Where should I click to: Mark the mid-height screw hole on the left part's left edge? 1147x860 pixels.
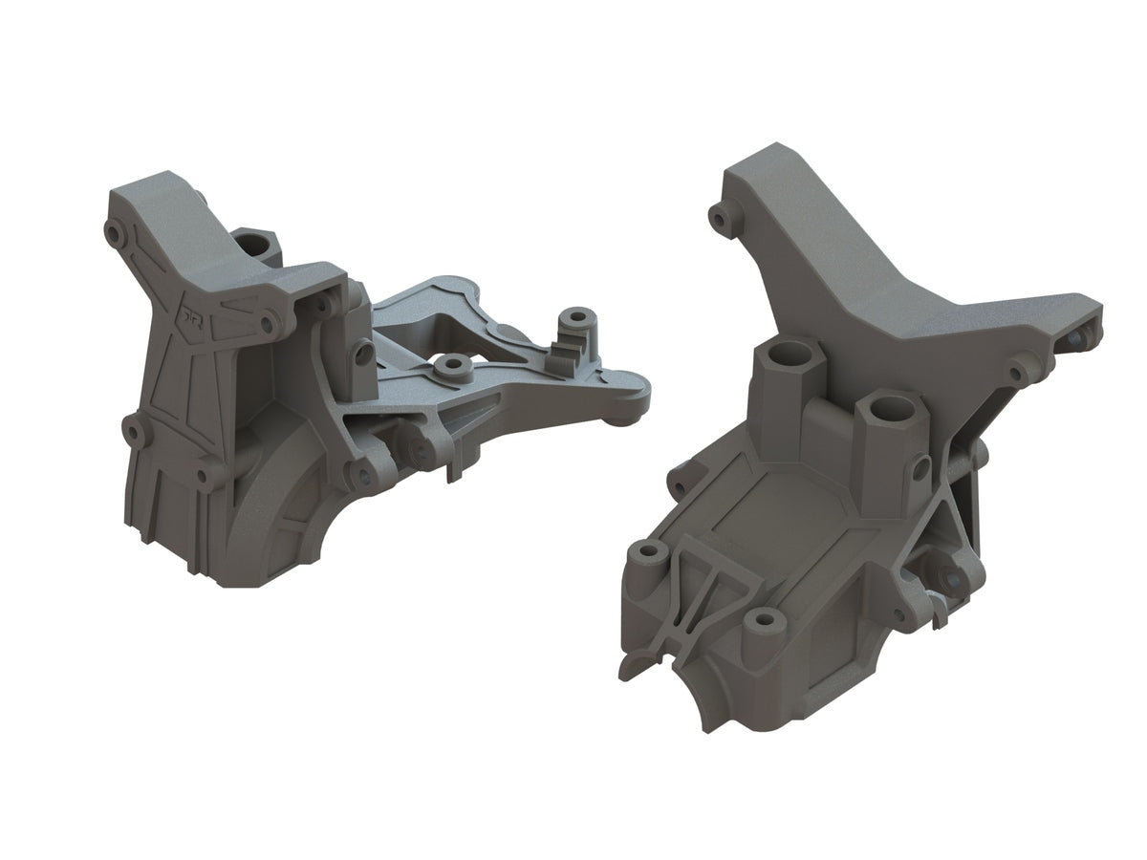tap(132, 433)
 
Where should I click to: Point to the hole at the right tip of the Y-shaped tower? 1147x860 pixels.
tap(1079, 338)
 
